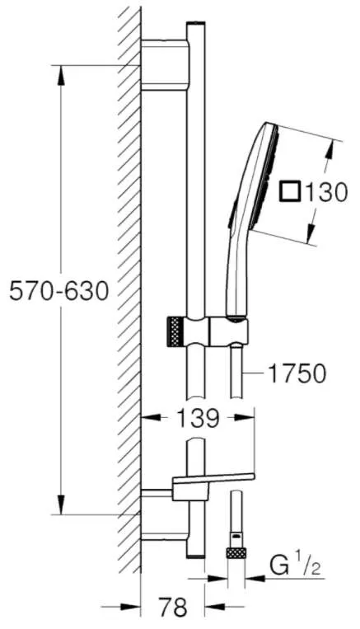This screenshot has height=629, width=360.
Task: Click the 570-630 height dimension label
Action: pyautogui.click(x=59, y=290)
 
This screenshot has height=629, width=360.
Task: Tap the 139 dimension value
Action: pyautogui.click(x=198, y=418)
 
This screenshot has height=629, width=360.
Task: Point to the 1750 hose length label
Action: pyautogui.click(x=297, y=373)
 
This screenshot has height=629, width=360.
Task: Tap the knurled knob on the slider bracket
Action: pyautogui.click(x=175, y=330)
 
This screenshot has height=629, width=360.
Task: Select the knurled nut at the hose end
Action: pyautogui.click(x=236, y=553)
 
